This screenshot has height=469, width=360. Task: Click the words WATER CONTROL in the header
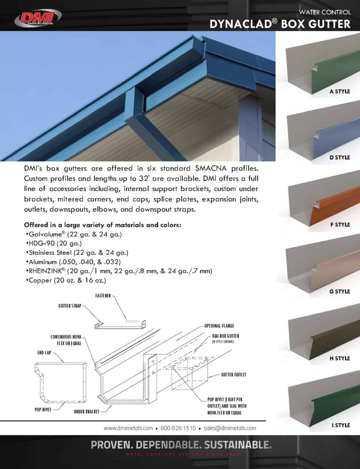(x=325, y=12)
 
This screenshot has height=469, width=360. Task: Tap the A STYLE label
(x=339, y=91)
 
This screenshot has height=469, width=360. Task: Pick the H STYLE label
(x=339, y=358)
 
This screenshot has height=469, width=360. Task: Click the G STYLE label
(x=339, y=291)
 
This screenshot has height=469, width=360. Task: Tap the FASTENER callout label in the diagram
(x=103, y=296)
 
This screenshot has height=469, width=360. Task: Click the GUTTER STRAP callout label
(x=70, y=306)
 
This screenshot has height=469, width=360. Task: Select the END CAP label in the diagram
(x=44, y=353)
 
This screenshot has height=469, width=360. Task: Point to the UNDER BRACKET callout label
(x=86, y=412)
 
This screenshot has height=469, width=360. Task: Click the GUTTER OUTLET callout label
(x=233, y=375)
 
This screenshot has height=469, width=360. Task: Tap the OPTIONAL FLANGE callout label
(x=219, y=326)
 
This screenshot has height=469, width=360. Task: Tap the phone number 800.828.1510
(x=178, y=428)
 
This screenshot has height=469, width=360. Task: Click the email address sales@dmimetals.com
(x=230, y=428)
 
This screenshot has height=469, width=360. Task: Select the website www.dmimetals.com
(x=128, y=428)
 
